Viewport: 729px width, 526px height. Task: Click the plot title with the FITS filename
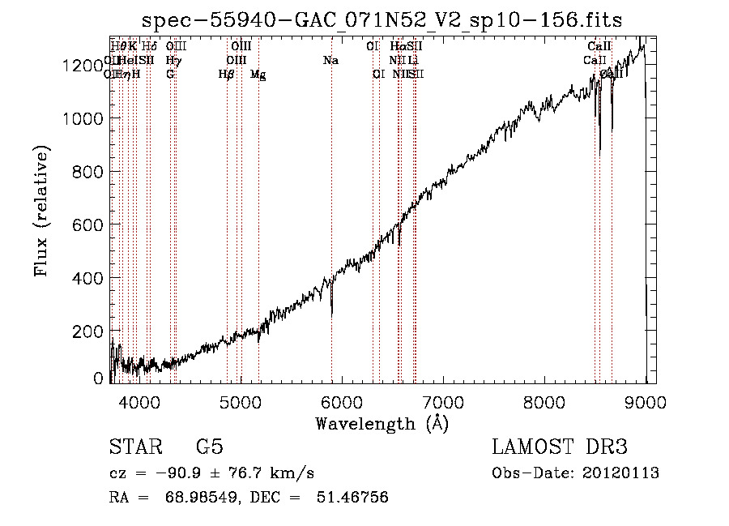coord(382,20)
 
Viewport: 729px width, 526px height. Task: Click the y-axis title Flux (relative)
coord(41,211)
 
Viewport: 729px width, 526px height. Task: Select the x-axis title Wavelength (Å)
coord(382,423)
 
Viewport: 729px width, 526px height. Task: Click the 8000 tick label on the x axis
coord(544,402)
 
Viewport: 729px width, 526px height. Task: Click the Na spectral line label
coord(330,61)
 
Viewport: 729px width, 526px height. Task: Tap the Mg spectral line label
coord(258,75)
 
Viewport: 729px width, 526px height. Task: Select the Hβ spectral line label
coord(226,75)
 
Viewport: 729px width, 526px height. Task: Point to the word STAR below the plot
coord(134,447)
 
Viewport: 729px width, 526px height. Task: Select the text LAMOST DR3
coord(560,447)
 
